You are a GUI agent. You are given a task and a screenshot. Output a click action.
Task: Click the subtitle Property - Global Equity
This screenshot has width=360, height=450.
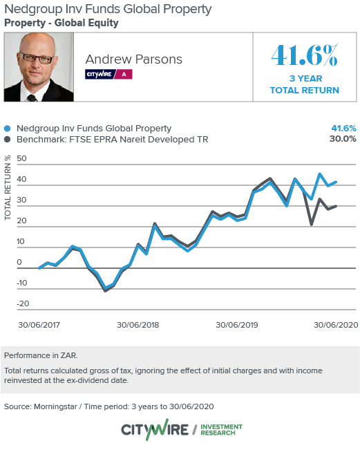point(61,23)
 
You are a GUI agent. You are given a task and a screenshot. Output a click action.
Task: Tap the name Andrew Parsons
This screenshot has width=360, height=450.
point(133,59)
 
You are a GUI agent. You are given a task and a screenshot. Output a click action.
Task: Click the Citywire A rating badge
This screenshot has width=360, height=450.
point(108,73)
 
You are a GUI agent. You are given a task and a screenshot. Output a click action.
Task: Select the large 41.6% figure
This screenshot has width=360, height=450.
point(305,56)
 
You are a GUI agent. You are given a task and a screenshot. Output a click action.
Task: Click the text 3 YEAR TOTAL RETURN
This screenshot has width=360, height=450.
point(305,84)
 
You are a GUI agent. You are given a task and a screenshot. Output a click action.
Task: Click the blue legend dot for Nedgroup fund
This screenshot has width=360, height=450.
point(8,129)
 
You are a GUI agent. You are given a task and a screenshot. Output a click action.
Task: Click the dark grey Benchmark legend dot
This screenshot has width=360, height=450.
point(8,139)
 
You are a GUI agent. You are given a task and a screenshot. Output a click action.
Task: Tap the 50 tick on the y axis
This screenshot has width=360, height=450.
point(21,159)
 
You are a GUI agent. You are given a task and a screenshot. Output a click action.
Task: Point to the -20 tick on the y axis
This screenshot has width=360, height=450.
point(23,304)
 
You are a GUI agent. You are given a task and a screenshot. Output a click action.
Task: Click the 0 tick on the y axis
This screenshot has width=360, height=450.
point(20,263)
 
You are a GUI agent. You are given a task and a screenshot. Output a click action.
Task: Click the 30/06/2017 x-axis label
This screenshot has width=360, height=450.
point(40,324)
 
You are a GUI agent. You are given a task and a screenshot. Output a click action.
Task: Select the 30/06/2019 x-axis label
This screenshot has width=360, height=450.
point(238,324)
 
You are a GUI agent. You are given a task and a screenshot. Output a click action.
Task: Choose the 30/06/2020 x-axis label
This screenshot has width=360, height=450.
point(335,324)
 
